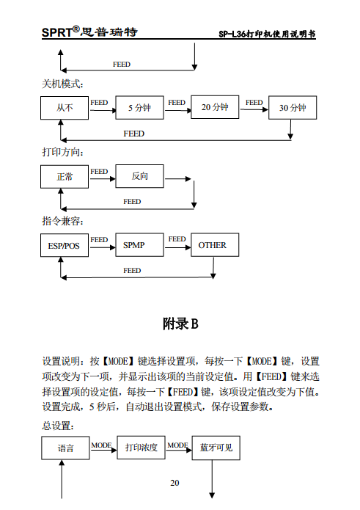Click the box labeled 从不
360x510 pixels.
pyautogui.click(x=65, y=108)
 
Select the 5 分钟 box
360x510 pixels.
pyautogui.click(x=139, y=108)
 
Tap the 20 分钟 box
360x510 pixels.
pyautogui.click(x=215, y=107)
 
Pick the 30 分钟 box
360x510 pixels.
pyautogui.click(x=293, y=108)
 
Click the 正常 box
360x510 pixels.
pyautogui.click(x=65, y=177)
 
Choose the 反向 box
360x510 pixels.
pyautogui.click(x=139, y=177)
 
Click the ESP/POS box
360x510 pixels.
pyautogui.click(x=64, y=246)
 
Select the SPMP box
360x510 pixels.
pyautogui.click(x=139, y=245)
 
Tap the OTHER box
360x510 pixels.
pyautogui.click(x=213, y=245)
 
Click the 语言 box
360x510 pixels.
pyautogui.click(x=65, y=448)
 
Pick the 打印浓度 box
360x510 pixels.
pyautogui.click(x=141, y=448)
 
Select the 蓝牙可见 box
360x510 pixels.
pyautogui.click(x=216, y=447)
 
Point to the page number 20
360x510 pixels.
pyautogui.click(x=175, y=482)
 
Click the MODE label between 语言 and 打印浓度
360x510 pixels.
pyautogui.click(x=102, y=445)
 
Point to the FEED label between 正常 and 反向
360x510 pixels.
pyautogui.click(x=99, y=172)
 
